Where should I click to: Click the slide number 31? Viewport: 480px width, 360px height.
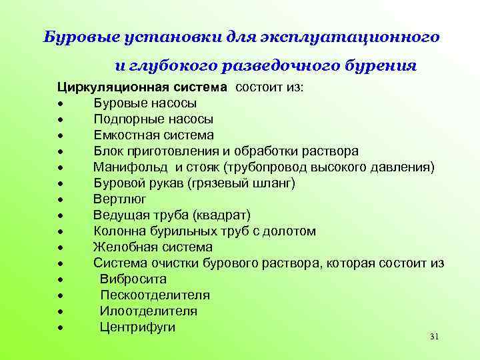(x=434, y=337)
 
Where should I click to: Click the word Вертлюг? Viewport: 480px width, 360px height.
(x=119, y=199)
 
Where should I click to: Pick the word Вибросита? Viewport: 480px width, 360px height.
(x=133, y=279)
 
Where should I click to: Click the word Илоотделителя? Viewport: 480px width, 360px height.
(x=148, y=311)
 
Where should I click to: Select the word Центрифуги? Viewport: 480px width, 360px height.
(x=137, y=327)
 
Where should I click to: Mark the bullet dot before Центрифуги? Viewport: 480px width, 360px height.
(x=60, y=328)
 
